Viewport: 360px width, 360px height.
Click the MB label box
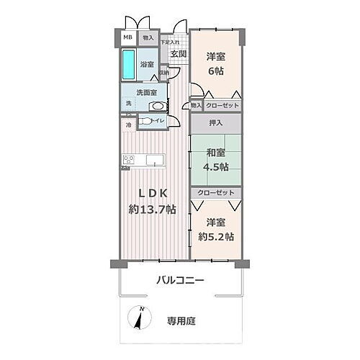pyautogui.click(x=127, y=37)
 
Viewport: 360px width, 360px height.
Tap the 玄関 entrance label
pyautogui.click(x=179, y=53)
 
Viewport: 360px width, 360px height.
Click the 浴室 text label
pyautogui.click(x=147, y=63)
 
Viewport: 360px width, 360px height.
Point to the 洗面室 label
pyautogui.click(x=148, y=92)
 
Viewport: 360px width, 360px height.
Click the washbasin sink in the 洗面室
pyautogui.click(x=157, y=103)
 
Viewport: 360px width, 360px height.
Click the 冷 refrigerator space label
pyautogui.click(x=129, y=125)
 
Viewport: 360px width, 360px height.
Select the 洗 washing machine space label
pyautogui.click(x=129, y=104)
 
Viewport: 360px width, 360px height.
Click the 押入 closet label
pyautogui.click(x=215, y=123)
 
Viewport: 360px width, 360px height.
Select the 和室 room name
pyautogui.click(x=215, y=153)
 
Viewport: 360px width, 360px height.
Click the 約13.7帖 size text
pyautogui.click(x=152, y=210)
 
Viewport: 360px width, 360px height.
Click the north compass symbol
pyautogui.click(x=139, y=319)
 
